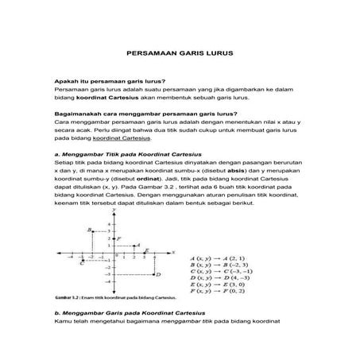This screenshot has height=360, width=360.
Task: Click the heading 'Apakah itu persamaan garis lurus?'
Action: (99, 82)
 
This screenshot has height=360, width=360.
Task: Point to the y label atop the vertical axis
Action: (115, 211)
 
